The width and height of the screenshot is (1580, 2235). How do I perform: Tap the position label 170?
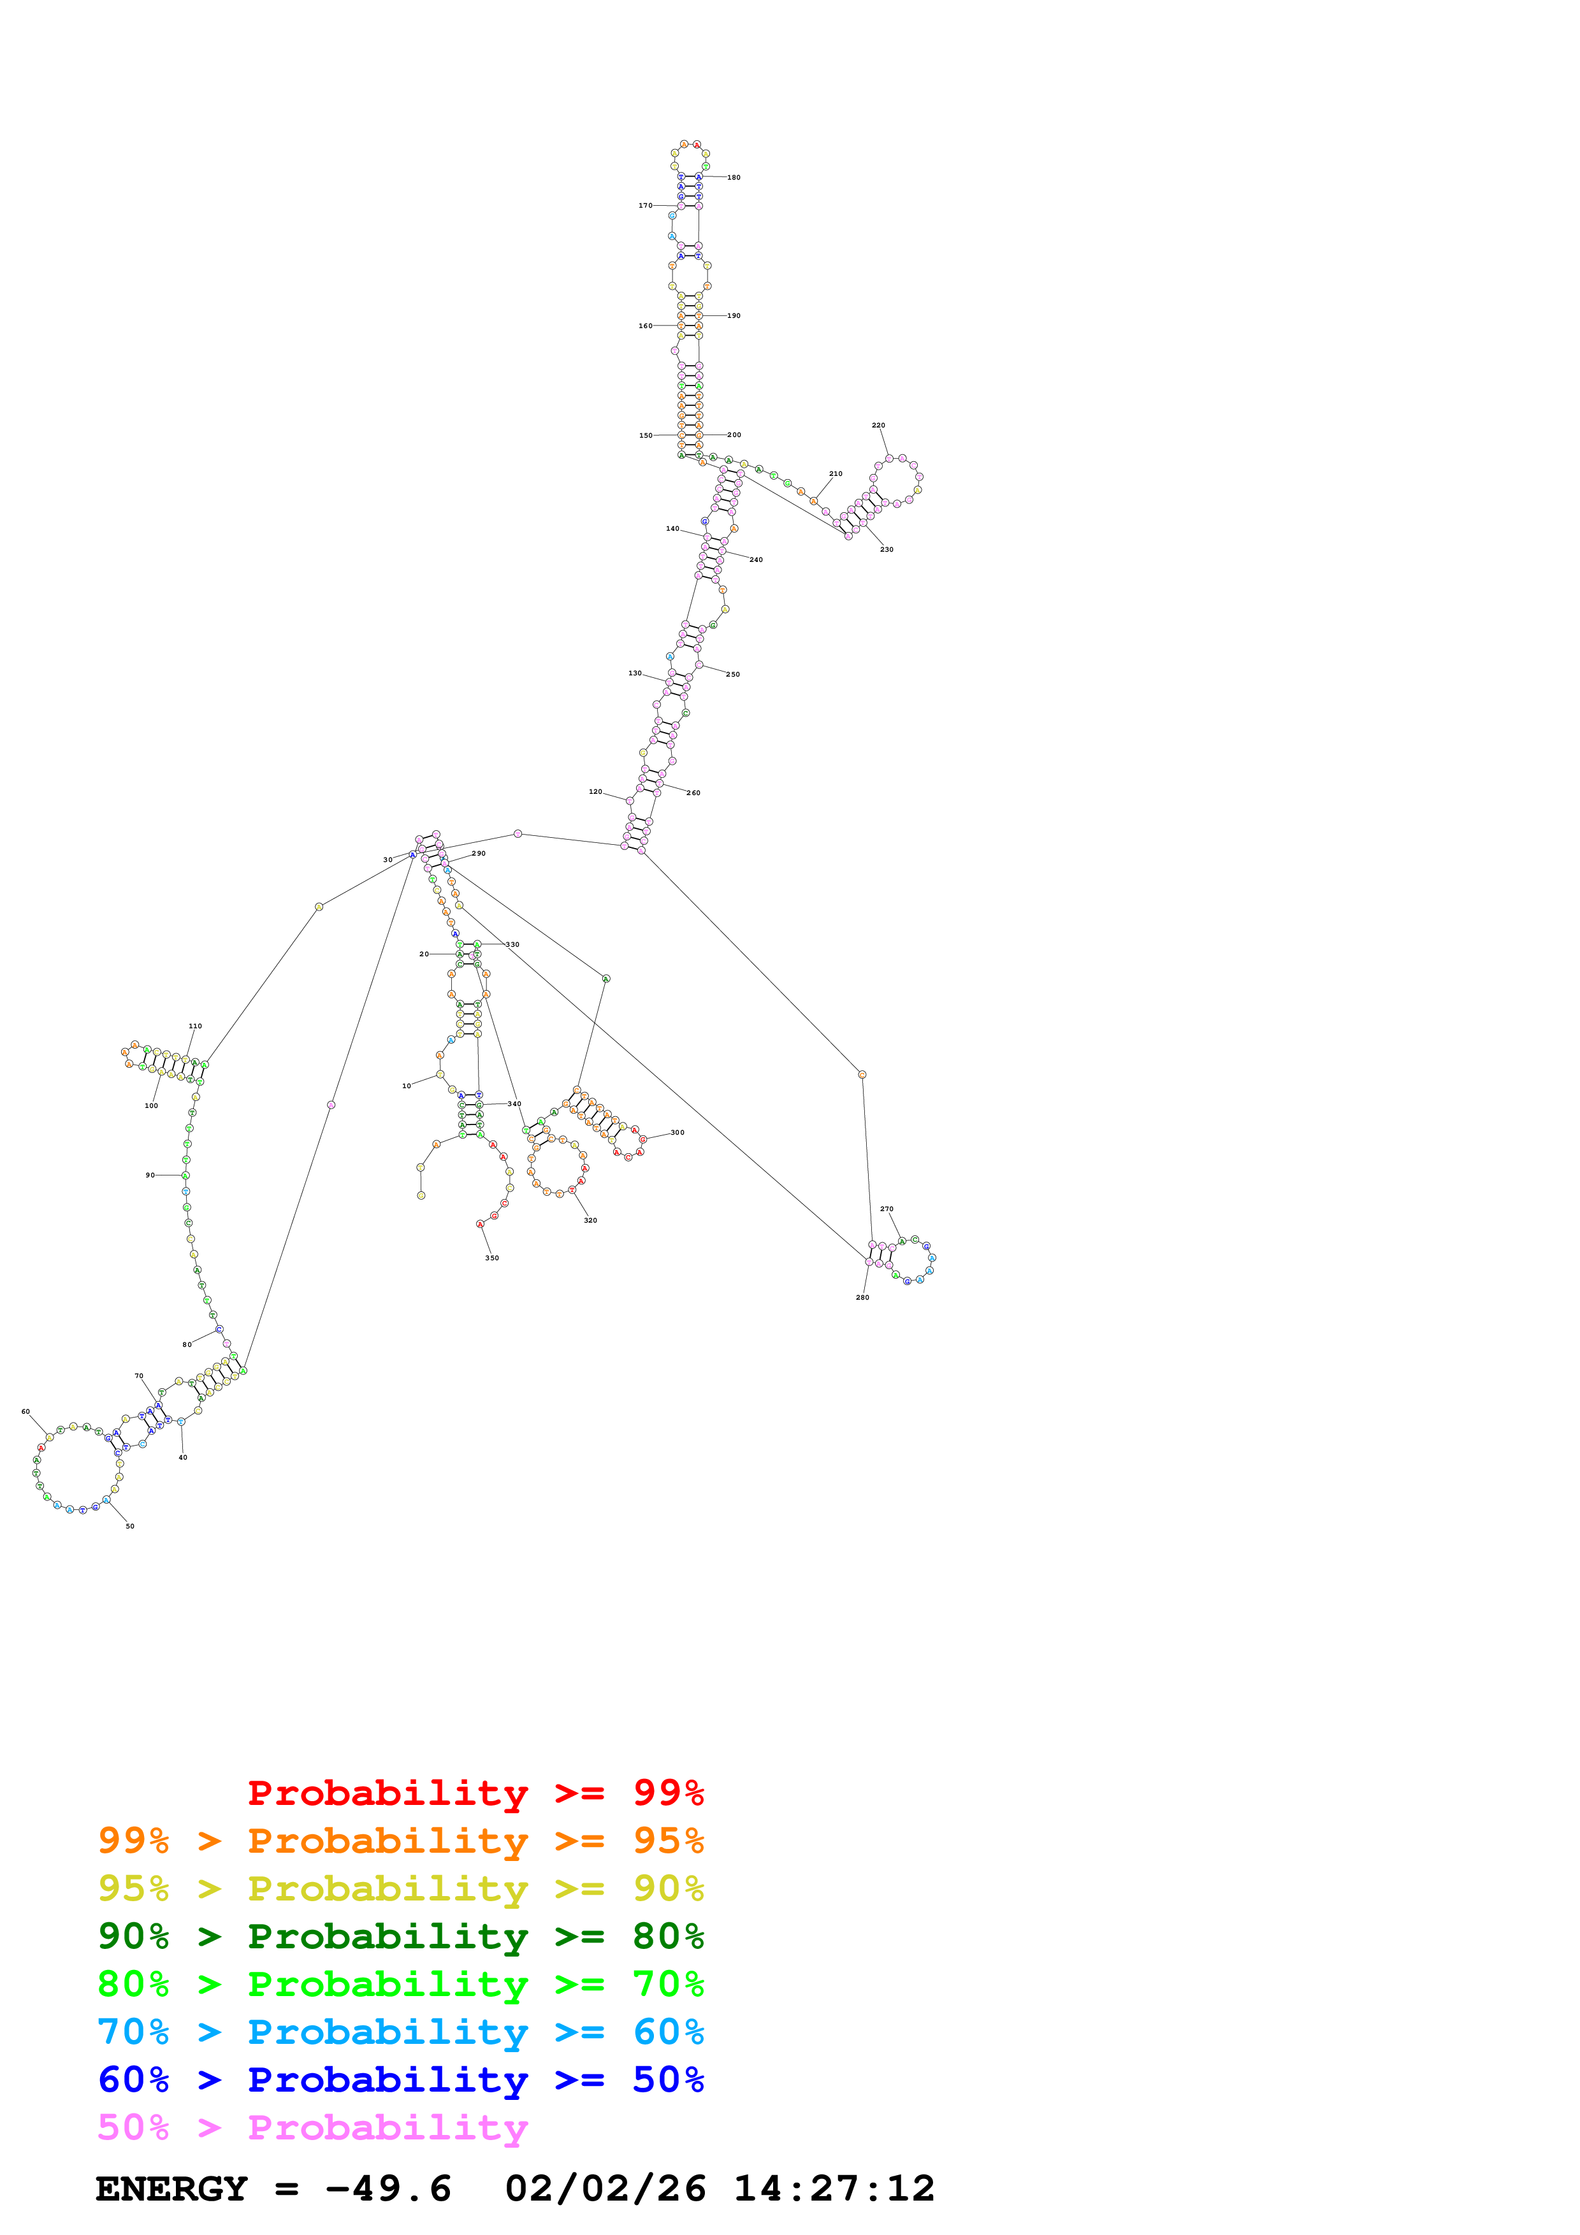tap(644, 205)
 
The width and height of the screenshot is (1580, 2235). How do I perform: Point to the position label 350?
tap(491, 1258)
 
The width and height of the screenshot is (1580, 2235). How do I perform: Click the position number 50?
tap(129, 1527)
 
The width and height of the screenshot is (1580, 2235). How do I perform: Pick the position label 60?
tap(25, 1411)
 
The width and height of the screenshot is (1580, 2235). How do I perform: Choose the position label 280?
tap(862, 1298)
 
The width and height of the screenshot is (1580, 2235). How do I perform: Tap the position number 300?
tap(677, 1132)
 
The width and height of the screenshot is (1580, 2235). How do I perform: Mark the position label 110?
tap(194, 1026)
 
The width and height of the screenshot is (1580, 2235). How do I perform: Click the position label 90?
tap(150, 1175)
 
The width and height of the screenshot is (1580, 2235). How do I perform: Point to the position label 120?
tap(595, 791)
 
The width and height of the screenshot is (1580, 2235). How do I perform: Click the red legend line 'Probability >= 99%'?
tap(475, 1793)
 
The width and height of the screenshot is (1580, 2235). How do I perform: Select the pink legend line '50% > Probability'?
tap(312, 2128)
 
